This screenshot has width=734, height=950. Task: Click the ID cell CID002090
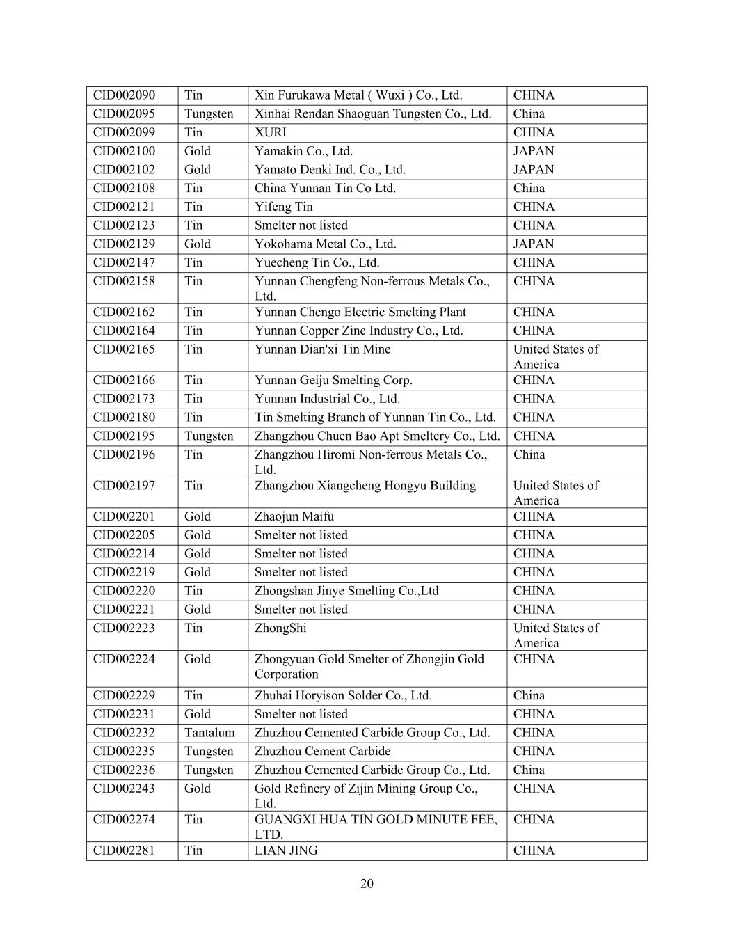(x=125, y=95)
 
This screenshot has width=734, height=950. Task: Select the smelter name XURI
(x=271, y=132)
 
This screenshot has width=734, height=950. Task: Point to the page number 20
(x=367, y=884)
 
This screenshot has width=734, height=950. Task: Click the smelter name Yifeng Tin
(x=284, y=207)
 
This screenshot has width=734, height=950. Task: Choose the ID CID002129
(x=125, y=244)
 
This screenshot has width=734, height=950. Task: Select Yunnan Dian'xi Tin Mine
(x=322, y=349)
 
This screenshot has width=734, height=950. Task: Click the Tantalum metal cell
(x=209, y=733)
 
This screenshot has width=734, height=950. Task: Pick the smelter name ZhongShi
(x=280, y=628)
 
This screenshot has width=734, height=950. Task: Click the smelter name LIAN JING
(x=286, y=850)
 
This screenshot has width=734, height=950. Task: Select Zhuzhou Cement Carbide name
(x=323, y=752)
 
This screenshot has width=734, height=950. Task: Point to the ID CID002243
(x=125, y=789)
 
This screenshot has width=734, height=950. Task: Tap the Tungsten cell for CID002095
(x=209, y=114)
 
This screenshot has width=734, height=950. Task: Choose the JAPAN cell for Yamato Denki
(x=534, y=170)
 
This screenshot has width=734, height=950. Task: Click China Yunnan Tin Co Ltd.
(x=325, y=188)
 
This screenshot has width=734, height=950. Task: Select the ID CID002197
(x=125, y=486)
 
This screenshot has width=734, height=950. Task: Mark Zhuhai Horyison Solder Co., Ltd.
(x=343, y=695)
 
